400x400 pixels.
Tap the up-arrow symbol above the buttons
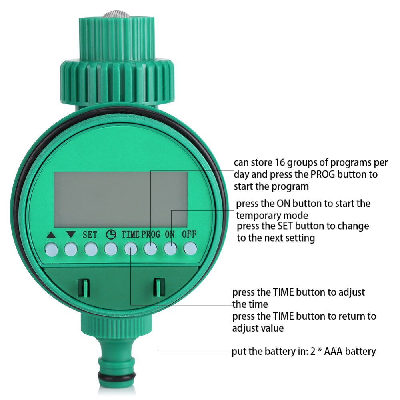[51, 235]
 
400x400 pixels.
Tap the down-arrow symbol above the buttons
[71, 235]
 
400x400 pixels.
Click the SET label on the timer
[90, 235]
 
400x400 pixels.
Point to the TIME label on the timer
[131, 235]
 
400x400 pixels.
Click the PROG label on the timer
[150, 235]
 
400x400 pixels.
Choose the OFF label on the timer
[189, 235]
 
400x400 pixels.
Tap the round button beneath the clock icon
[110, 250]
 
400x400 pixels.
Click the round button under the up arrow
[51, 250]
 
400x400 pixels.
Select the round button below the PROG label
[150, 250]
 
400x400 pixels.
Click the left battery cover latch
[83, 287]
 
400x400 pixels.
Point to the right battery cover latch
[158, 287]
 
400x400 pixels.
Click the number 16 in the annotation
[280, 163]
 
